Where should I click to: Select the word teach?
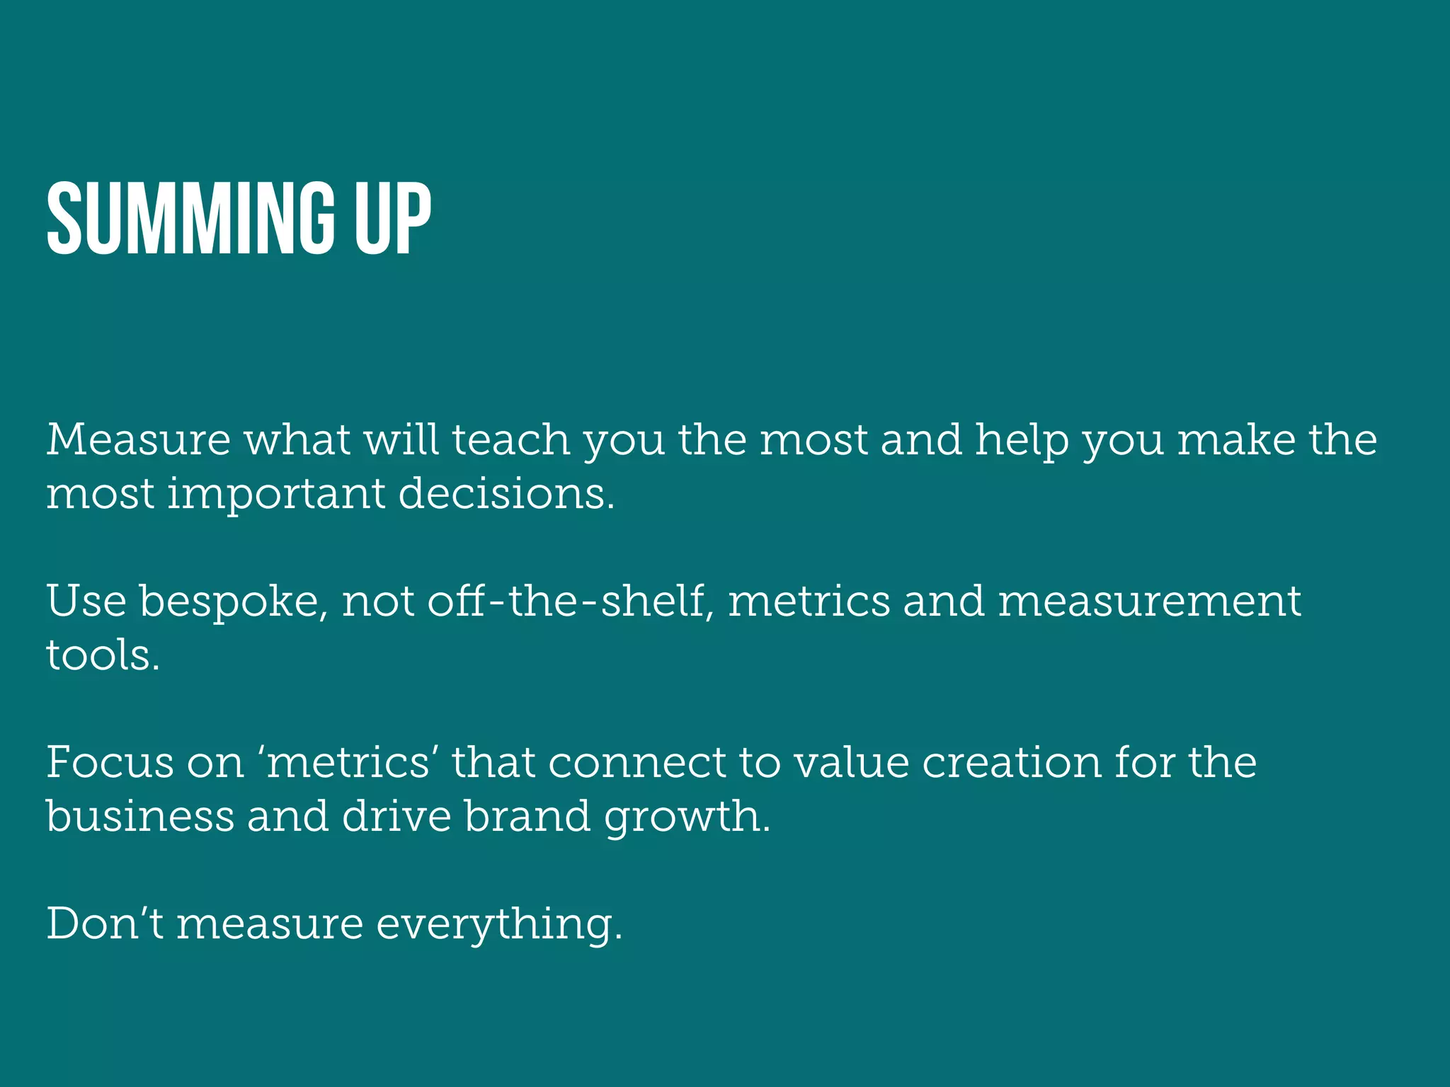pyautogui.click(x=510, y=439)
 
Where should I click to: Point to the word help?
pyautogui.click(x=1022, y=441)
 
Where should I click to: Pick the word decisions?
pyautogui.click(x=506, y=493)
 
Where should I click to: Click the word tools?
pyautogui.click(x=103, y=655)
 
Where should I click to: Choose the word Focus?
pyautogui.click(x=110, y=762)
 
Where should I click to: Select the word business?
pyautogui.click(x=140, y=816)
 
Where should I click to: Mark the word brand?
pyautogui.click(x=527, y=816)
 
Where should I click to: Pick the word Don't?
pyautogui.click(x=105, y=924)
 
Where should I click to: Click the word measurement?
pyautogui.click(x=1149, y=602)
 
